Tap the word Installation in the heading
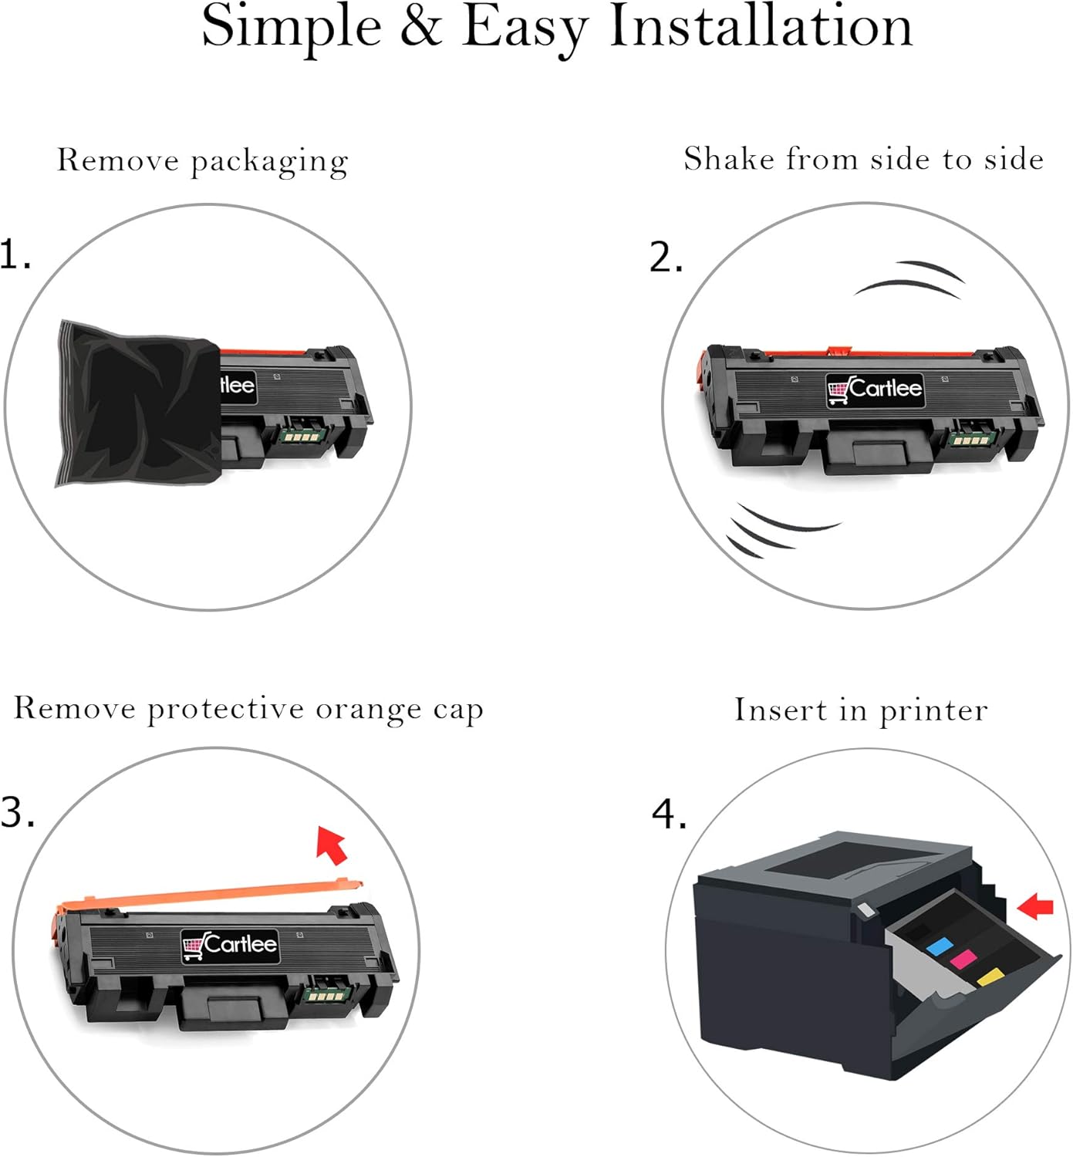coord(761,26)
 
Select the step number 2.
coord(666,258)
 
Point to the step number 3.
coord(17,812)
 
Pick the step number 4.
coord(669,815)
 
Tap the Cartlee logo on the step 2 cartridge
coord(875,389)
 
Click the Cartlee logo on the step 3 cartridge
coord(230,945)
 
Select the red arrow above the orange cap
coord(332,844)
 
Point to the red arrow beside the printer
coord(1035,906)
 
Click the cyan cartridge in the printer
coord(938,946)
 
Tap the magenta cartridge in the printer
coord(963,960)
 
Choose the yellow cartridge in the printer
coord(990,977)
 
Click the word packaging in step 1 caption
coord(269,162)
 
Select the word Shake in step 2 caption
coord(729,159)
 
